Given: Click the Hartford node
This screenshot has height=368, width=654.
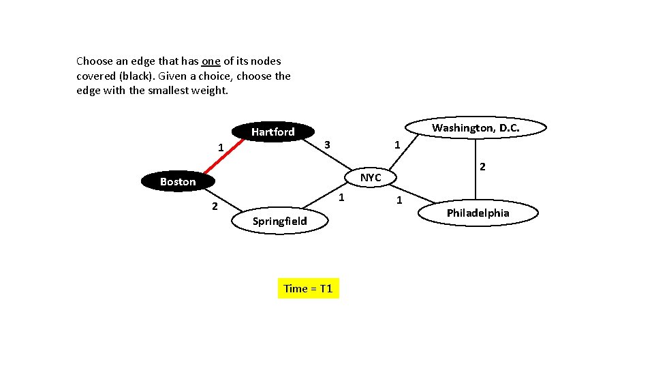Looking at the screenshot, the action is tap(272, 132).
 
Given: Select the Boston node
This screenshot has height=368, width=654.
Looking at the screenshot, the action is tap(178, 181).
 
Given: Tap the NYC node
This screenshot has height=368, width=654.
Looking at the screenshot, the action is tap(371, 177).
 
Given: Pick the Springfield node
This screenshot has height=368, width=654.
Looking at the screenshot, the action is tap(279, 221).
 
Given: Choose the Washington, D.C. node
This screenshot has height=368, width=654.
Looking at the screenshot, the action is tap(476, 128).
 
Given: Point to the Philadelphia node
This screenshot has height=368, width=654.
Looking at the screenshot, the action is tap(478, 213).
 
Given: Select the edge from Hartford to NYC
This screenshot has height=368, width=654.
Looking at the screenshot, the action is tap(334, 155).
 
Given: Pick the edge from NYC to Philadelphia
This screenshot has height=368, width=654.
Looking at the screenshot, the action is tap(416, 194).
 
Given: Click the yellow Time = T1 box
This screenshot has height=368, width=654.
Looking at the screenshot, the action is tap(308, 288).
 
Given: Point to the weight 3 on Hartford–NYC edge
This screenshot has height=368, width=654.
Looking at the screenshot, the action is tap(327, 144).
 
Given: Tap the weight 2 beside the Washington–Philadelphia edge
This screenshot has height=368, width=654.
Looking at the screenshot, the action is tap(482, 166).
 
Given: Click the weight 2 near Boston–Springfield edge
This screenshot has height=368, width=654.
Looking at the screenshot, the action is tap(214, 206).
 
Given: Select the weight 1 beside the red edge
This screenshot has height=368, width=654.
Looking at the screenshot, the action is tap(220, 147).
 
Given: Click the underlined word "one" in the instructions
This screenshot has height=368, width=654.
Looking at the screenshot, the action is tap(211, 61).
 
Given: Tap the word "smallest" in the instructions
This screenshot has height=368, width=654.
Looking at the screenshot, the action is tap(168, 90).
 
